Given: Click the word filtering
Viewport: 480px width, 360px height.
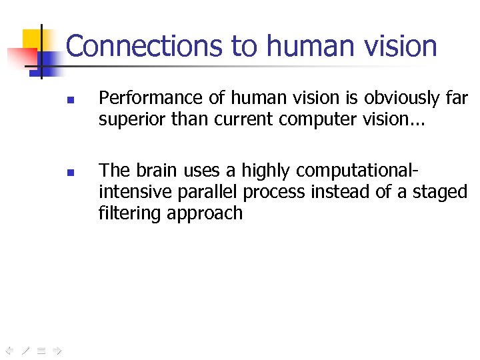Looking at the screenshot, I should [131, 213].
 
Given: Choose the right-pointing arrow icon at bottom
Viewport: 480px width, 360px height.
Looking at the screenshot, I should [57, 348].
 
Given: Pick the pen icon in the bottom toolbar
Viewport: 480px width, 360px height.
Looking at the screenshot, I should [25, 348].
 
